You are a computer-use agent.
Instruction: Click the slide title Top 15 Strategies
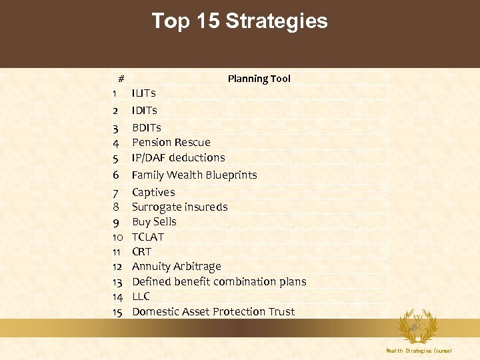(x=239, y=21)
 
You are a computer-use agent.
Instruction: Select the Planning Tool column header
(x=259, y=79)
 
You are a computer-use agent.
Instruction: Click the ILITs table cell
(x=143, y=93)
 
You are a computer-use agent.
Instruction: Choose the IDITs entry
(x=144, y=110)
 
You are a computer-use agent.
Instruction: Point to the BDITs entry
(x=146, y=127)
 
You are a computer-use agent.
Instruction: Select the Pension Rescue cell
(x=171, y=142)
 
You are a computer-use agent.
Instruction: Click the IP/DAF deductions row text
(x=178, y=158)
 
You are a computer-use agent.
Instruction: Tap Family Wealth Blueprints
(x=194, y=175)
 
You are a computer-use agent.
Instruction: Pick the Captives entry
(x=153, y=192)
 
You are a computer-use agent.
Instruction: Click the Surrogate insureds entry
(x=179, y=207)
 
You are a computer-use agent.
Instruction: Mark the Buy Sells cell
(x=154, y=221)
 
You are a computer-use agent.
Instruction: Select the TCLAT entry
(x=147, y=237)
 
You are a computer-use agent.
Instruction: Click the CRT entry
(x=141, y=251)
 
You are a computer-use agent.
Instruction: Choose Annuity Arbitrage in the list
(x=176, y=266)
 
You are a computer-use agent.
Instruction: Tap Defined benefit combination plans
(x=219, y=281)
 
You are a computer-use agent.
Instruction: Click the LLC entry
(x=141, y=296)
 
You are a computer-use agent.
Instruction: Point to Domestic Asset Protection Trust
(x=213, y=311)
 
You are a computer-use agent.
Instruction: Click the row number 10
(x=118, y=237)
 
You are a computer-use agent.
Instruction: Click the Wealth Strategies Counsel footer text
(x=419, y=351)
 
